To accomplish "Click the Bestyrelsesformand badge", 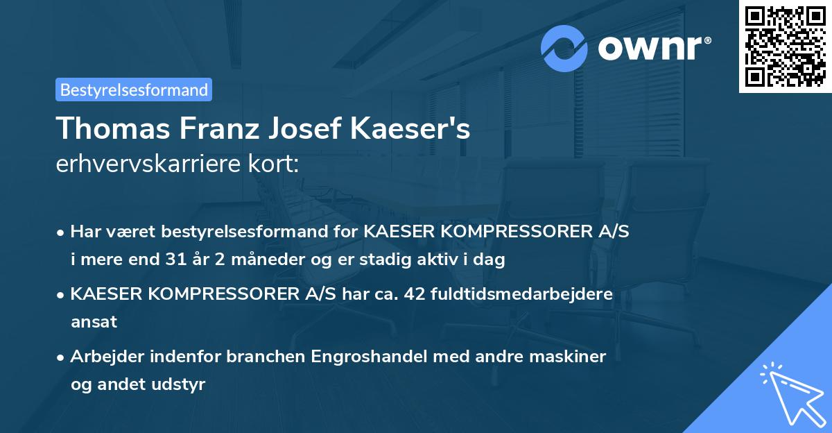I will [134, 90].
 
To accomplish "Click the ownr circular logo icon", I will [564, 48].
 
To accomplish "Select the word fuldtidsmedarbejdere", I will [521, 294].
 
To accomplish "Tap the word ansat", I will [94, 322].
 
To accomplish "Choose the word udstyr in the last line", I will [182, 384].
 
